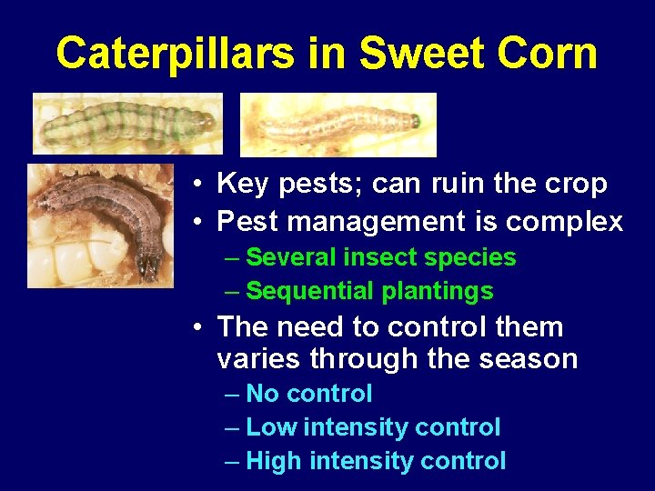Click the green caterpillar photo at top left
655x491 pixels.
[x=127, y=124]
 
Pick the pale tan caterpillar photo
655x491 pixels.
[x=338, y=125]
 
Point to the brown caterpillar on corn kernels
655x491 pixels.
[x=100, y=225]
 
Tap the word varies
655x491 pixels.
[x=258, y=359]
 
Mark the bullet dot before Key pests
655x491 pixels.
[x=196, y=185]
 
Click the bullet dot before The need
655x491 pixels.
[x=196, y=327]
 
